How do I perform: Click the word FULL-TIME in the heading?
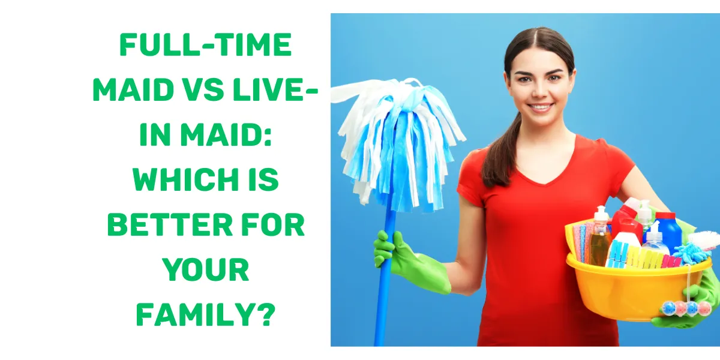point(205,46)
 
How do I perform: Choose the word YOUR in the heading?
point(205,270)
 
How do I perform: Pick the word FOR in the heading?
point(276,226)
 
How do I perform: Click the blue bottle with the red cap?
point(667,228)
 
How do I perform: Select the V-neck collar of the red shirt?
point(543,171)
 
